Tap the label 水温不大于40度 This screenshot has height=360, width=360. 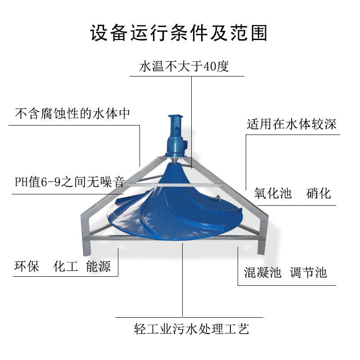click(x=184, y=67)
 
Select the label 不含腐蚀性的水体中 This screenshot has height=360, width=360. click(x=72, y=113)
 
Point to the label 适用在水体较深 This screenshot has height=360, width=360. click(x=291, y=124)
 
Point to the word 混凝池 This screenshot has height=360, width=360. click(x=262, y=272)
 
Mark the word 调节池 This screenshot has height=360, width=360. click(x=308, y=272)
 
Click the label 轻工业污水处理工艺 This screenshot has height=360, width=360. click(x=191, y=328)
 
